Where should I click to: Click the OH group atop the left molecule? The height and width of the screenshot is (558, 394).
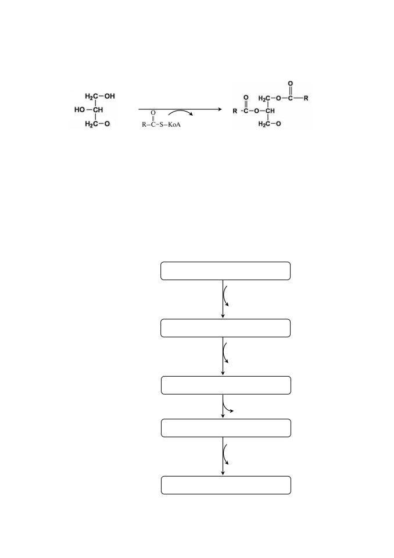click(x=110, y=96)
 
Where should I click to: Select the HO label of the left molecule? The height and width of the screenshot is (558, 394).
click(x=80, y=110)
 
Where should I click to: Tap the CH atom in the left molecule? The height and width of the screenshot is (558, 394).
click(x=98, y=110)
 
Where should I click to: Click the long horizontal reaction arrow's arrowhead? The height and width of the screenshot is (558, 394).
click(x=220, y=109)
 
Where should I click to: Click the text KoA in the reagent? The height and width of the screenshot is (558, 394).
click(x=174, y=125)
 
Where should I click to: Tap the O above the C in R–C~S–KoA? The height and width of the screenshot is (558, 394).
click(x=153, y=113)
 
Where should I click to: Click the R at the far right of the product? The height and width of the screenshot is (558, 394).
click(x=306, y=98)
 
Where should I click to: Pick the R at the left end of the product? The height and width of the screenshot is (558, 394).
click(x=235, y=111)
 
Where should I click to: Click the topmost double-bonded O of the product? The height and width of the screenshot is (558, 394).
click(x=291, y=84)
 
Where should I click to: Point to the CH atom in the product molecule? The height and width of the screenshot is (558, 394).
click(x=270, y=111)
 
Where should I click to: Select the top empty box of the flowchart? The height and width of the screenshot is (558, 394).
click(x=225, y=271)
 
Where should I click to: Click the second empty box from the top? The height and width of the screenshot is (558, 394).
click(x=225, y=328)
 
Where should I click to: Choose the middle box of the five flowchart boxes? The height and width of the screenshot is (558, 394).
click(x=226, y=385)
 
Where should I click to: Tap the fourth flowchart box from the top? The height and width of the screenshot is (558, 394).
click(x=226, y=428)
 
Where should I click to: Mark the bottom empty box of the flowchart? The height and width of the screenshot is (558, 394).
click(x=226, y=485)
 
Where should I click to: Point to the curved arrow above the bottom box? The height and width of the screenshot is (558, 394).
click(x=224, y=455)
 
